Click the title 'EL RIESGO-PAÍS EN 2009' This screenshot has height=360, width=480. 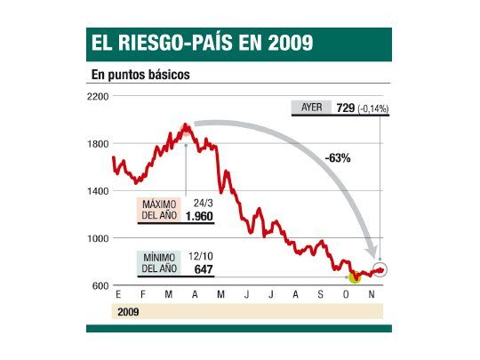(x=200, y=43)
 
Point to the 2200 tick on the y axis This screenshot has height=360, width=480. (x=99, y=96)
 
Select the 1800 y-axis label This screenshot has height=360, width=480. (x=99, y=143)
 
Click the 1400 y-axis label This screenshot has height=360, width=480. (x=99, y=191)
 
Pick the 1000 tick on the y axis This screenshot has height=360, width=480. (x=99, y=238)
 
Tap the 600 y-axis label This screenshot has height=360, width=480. (x=100, y=285)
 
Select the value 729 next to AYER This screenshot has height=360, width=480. (x=345, y=108)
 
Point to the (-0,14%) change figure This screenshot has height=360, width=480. (x=373, y=108)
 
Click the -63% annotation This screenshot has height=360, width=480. (x=338, y=157)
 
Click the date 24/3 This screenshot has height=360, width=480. (x=204, y=203)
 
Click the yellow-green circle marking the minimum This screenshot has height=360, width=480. (x=354, y=276)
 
